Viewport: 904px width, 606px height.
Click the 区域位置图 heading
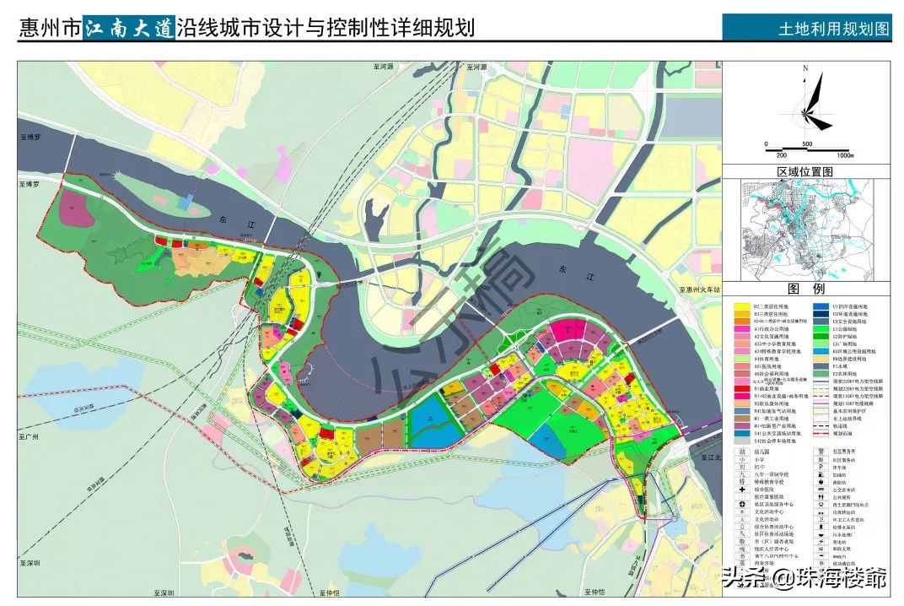tap(804, 170)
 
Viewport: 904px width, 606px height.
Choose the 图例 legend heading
tap(805, 288)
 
